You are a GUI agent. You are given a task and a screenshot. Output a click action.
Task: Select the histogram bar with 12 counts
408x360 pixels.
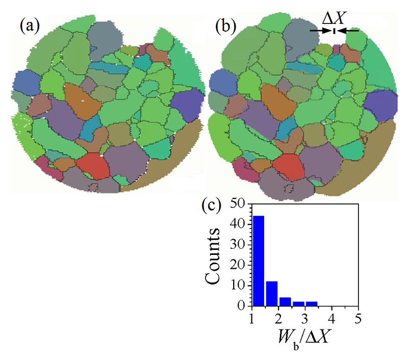click(271, 293)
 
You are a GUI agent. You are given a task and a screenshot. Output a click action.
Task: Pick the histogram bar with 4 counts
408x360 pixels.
click(285, 301)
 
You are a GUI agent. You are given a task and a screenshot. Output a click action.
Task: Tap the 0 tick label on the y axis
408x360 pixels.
click(243, 305)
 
